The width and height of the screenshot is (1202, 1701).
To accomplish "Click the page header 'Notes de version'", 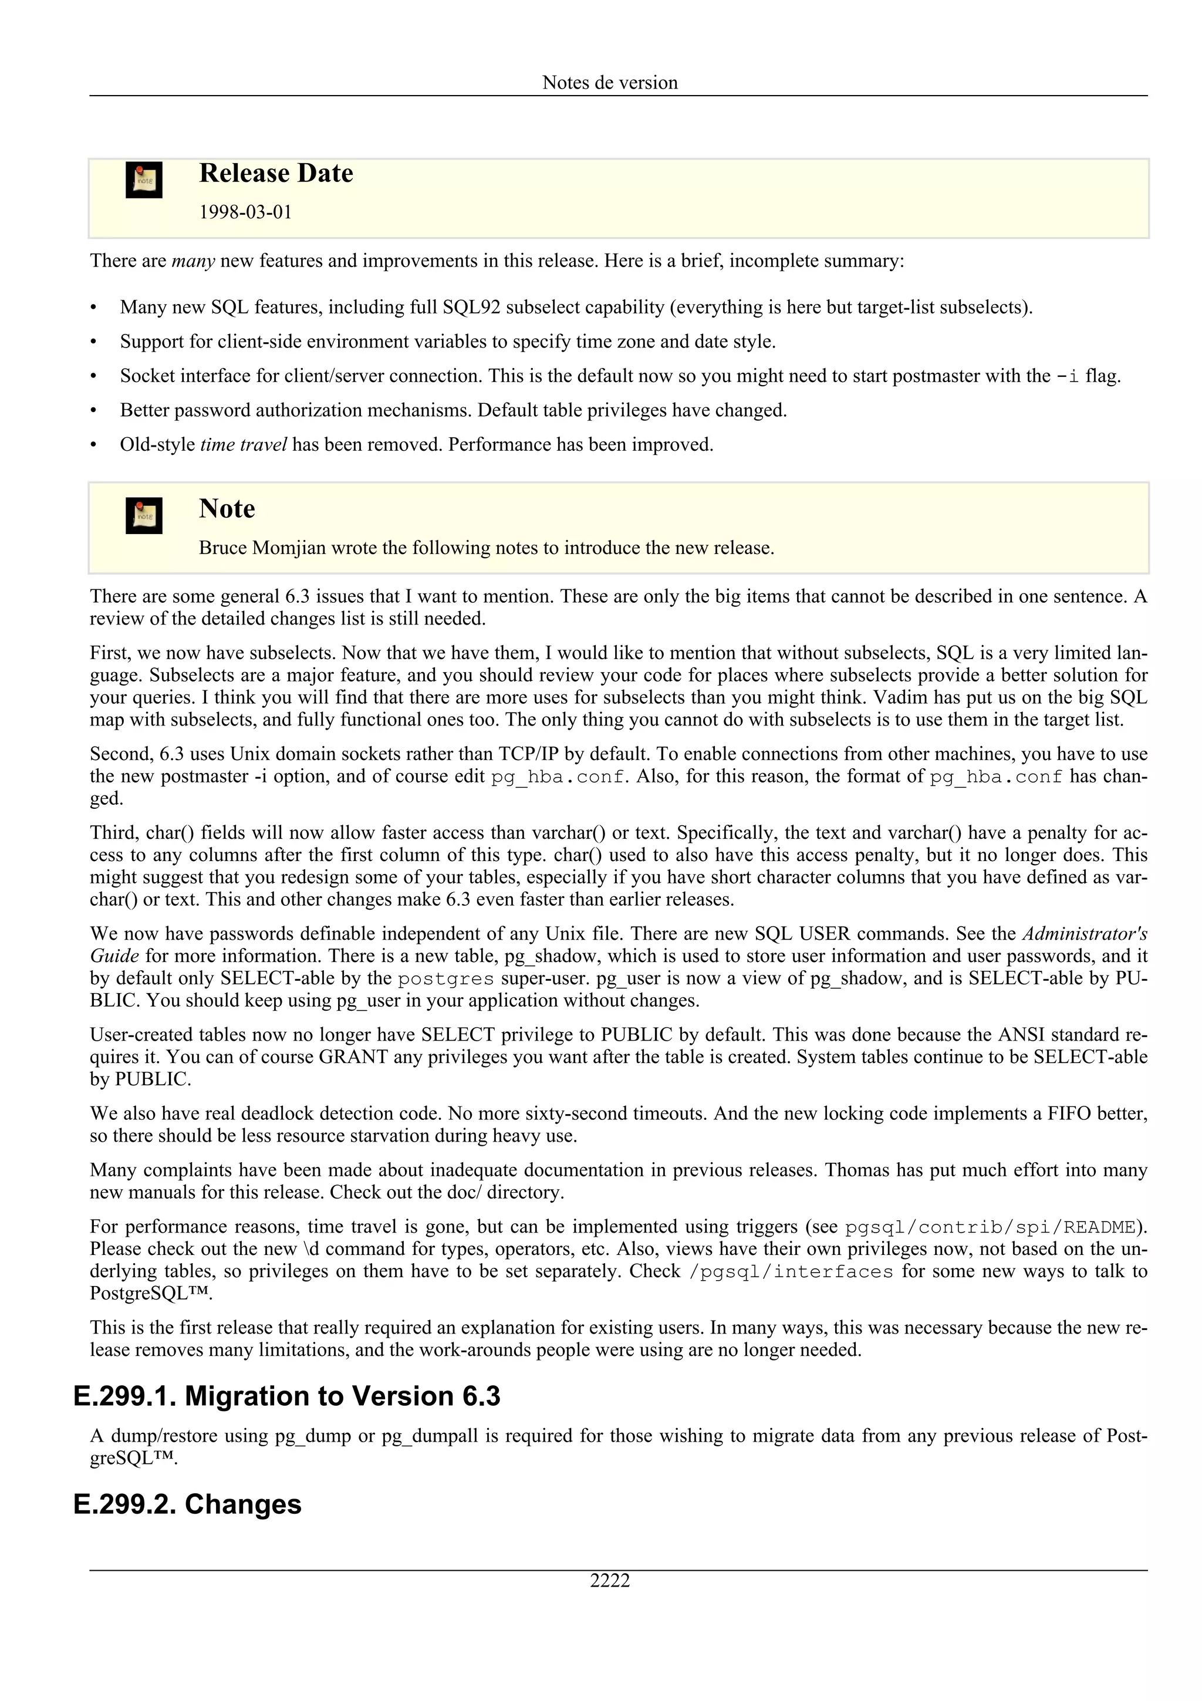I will click(x=610, y=82).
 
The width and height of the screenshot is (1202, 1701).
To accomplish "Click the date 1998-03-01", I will click(x=245, y=212).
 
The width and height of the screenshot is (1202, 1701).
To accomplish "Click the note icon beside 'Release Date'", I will click(x=144, y=180).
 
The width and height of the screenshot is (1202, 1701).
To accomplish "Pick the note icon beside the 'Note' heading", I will click(x=144, y=515).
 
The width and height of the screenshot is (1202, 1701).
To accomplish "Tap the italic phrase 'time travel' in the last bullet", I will click(x=244, y=444).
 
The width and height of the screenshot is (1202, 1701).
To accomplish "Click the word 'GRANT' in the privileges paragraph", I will click(x=353, y=1057).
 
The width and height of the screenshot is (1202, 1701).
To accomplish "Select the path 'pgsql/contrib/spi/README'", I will click(x=990, y=1227).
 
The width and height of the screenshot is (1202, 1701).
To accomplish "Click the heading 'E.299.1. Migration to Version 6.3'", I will click(x=286, y=1396).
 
